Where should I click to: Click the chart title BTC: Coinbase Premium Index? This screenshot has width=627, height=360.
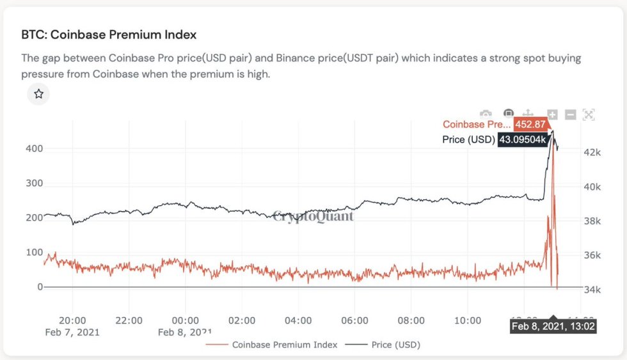(x=109, y=35)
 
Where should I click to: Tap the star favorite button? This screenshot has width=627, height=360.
(x=38, y=94)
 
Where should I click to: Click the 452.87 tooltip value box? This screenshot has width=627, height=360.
(x=530, y=125)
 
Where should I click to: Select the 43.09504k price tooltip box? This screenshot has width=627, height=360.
(x=523, y=139)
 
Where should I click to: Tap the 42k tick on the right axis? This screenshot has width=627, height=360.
(x=592, y=152)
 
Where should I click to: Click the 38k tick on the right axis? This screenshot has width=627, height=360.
(x=592, y=221)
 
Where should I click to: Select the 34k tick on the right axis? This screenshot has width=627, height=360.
(x=592, y=290)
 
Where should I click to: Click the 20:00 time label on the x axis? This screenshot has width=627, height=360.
(x=72, y=320)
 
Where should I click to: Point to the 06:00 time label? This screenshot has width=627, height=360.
(x=355, y=320)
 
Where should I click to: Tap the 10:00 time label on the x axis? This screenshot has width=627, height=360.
(x=468, y=320)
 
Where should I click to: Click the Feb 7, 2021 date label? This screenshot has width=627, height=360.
(x=72, y=332)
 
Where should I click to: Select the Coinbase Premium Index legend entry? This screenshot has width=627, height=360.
(x=273, y=345)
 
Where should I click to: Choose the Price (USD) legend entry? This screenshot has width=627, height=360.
(x=383, y=345)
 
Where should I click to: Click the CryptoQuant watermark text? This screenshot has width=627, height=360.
(x=313, y=216)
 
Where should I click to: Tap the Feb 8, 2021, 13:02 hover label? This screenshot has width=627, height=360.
(x=554, y=326)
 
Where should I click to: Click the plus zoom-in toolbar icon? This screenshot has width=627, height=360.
(x=552, y=114)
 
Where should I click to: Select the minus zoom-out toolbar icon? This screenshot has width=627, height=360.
(x=571, y=114)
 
